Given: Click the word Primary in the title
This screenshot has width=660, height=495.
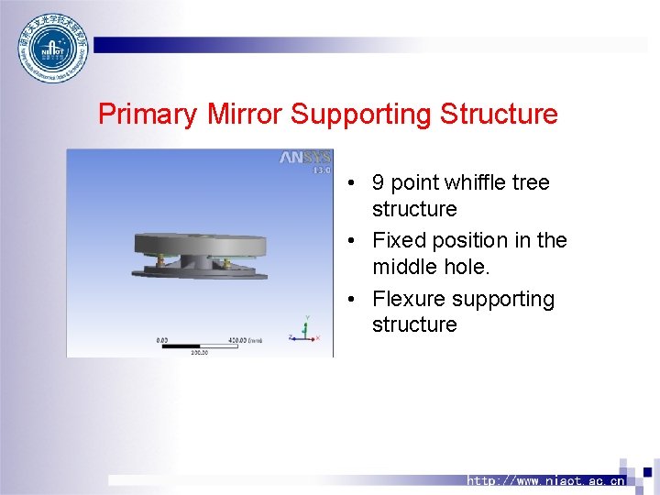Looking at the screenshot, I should pos(147,115).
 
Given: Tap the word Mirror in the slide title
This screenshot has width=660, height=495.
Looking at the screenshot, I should pos(245,115).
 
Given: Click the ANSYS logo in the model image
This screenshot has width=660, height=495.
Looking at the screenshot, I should pos(304,158).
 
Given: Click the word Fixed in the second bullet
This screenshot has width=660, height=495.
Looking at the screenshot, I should pos(398,240).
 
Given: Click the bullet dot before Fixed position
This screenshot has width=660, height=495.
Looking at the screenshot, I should pos(352,241).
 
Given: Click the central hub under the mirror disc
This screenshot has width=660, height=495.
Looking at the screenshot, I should pos(196,260).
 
